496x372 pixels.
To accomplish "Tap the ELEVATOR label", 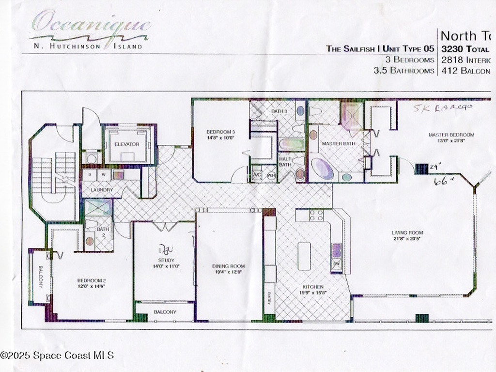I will pyautogui.click(x=127, y=144).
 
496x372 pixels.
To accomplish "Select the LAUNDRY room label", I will pyautogui.click(x=101, y=190).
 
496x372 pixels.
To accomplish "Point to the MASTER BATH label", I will pyautogui.click(x=335, y=144).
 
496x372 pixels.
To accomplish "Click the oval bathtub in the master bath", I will pyautogui.click(x=322, y=169).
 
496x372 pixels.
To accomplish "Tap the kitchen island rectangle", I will pyautogui.click(x=304, y=256).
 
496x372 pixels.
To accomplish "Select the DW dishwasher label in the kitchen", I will pyautogui.click(x=336, y=264).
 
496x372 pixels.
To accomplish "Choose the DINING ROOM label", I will pyautogui.click(x=228, y=266).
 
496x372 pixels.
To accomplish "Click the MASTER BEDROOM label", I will pyautogui.click(x=451, y=135).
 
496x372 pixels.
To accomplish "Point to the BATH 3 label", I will pyautogui.click(x=279, y=111).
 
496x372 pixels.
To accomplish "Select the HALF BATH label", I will pyautogui.click(x=285, y=161).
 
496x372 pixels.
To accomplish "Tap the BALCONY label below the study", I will pyautogui.click(x=165, y=312).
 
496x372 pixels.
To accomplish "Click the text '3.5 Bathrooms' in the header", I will pyautogui.click(x=403, y=71).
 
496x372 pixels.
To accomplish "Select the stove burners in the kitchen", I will pyautogui.click(x=316, y=215).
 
